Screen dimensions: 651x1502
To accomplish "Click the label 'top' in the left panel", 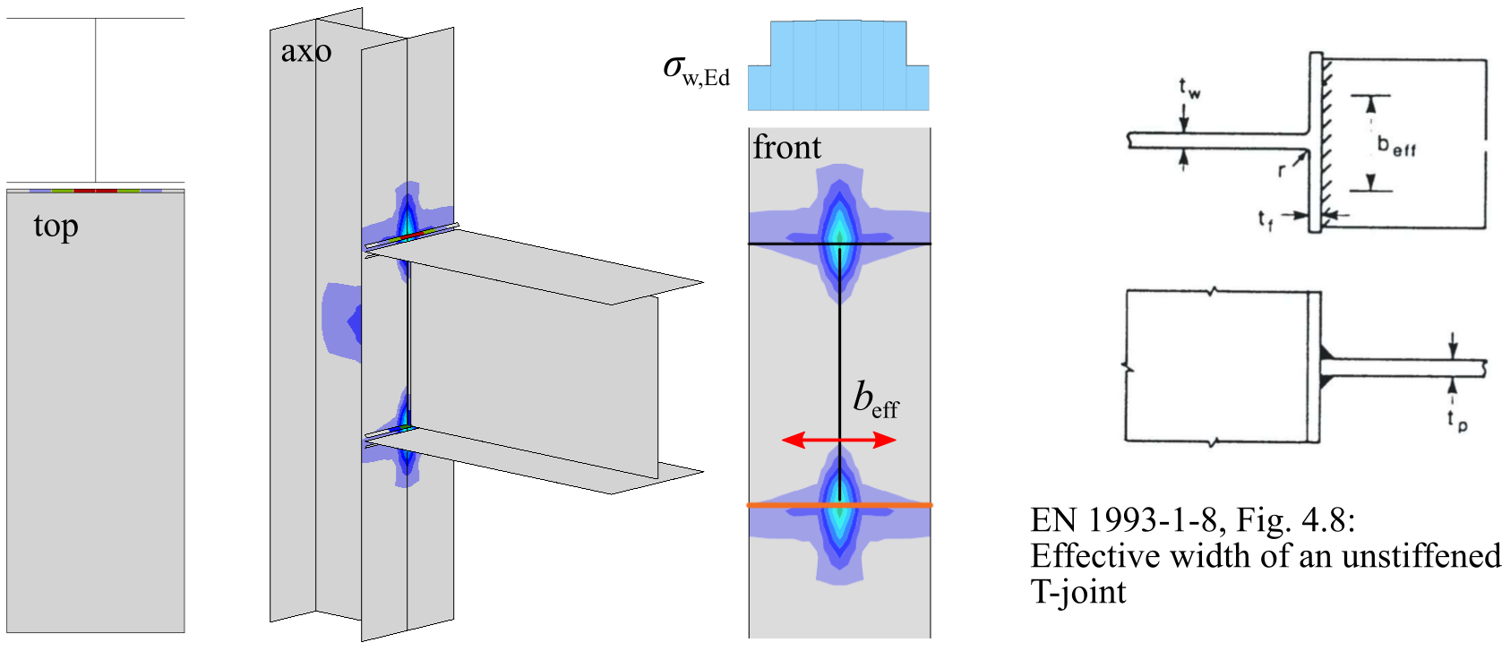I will click(56, 227).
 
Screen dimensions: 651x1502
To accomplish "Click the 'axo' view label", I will click(305, 52).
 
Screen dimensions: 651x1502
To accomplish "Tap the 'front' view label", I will click(786, 147).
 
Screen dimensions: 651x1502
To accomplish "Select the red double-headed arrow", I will click(838, 440).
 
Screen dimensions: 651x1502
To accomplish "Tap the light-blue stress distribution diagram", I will click(838, 64).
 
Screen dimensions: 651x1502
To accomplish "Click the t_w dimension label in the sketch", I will click(1189, 88).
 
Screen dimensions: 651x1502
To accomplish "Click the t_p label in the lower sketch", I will click(1456, 420).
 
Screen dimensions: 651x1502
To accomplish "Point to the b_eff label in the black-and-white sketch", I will click(1396, 144).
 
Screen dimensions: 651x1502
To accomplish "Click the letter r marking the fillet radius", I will click(1283, 169).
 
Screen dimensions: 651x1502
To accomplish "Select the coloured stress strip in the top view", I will click(96, 191).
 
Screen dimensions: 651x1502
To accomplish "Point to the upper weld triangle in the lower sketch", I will click(1326, 351).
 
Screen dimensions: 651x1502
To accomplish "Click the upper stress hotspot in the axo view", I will click(407, 219).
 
